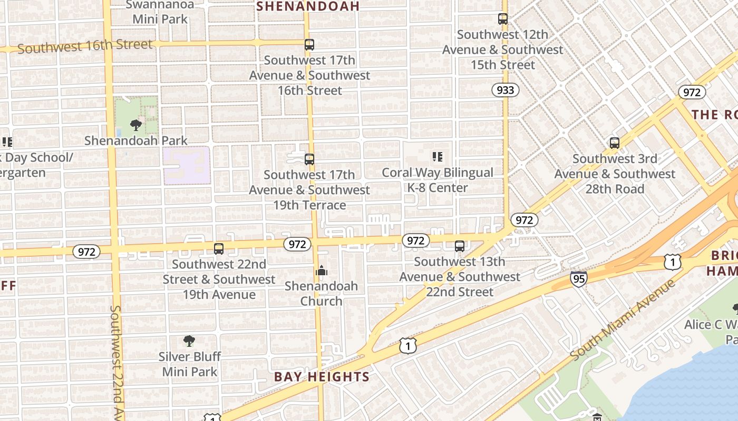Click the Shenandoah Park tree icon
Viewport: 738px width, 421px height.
(136, 125)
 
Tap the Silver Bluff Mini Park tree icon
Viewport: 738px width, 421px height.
(189, 341)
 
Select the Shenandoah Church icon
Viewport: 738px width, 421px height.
(321, 271)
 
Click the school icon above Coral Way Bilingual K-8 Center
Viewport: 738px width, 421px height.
(437, 157)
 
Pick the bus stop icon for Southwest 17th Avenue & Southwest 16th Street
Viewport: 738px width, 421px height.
(309, 45)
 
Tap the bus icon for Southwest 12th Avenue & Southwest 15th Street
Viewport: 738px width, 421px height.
(503, 19)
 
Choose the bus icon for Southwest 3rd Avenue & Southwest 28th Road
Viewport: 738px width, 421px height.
(614, 143)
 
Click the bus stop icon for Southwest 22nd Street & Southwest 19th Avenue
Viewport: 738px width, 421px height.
(219, 248)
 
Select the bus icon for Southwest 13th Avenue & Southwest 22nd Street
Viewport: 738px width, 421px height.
(460, 246)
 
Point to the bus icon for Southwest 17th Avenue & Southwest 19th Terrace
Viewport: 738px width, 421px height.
(309, 159)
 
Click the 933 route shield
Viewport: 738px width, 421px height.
(505, 90)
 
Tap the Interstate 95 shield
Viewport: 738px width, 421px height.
(578, 278)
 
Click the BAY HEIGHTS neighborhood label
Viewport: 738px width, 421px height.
(322, 377)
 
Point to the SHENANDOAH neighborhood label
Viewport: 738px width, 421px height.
(308, 6)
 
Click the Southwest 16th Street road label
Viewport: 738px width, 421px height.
(85, 46)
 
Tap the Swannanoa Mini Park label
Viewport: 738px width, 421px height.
(160, 12)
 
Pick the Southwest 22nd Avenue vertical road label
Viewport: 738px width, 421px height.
(116, 363)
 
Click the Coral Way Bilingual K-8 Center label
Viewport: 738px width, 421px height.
(438, 180)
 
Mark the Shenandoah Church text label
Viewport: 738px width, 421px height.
(321, 294)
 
